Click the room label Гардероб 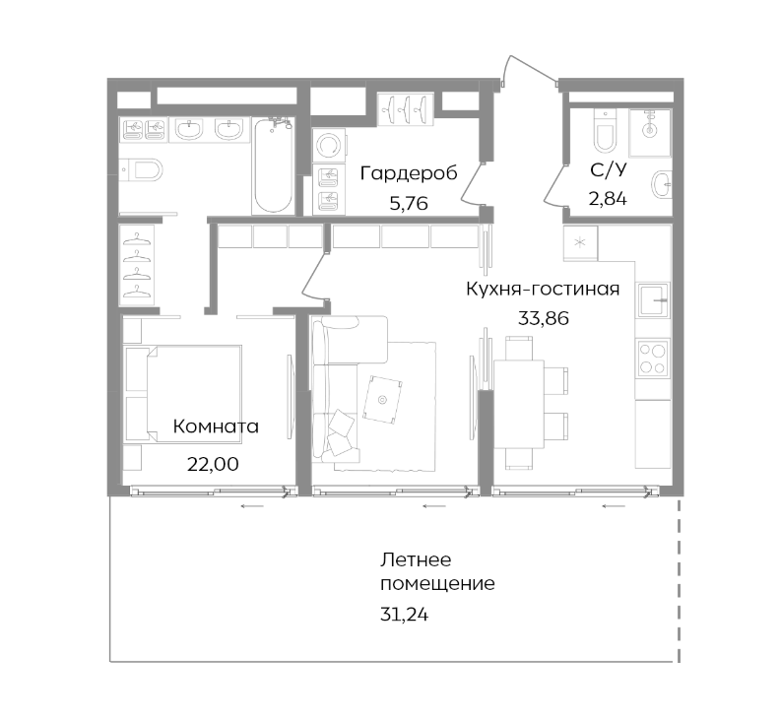409,174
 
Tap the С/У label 608,170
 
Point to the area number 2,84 608,198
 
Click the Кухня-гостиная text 543,289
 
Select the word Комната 216,426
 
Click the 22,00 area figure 212,463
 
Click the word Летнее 415,559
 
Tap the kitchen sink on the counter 653,297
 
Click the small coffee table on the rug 382,397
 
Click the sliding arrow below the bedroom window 252,506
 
